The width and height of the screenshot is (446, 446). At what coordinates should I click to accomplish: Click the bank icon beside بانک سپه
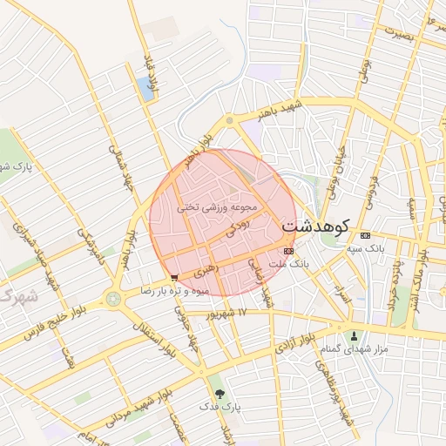364,235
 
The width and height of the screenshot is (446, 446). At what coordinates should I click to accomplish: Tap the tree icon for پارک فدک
218,393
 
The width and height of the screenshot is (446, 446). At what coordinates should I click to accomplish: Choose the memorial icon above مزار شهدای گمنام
354,335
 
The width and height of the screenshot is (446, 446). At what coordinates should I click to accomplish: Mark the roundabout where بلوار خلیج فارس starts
112,299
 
